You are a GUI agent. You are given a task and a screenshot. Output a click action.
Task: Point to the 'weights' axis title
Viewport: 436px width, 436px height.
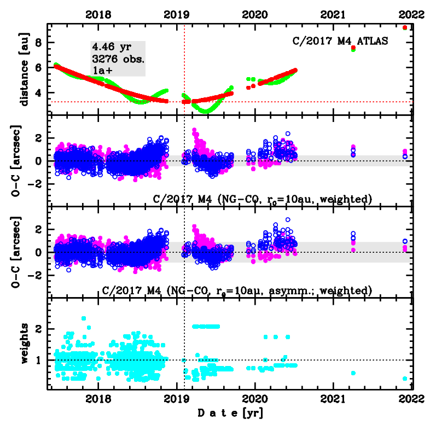(x=24, y=343)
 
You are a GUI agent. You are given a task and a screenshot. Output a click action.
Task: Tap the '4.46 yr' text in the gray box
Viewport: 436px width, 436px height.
(x=109, y=48)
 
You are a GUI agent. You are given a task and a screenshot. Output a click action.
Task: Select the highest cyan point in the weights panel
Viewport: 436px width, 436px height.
(x=84, y=318)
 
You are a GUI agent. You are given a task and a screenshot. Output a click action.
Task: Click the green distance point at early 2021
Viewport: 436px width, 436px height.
(x=353, y=50)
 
